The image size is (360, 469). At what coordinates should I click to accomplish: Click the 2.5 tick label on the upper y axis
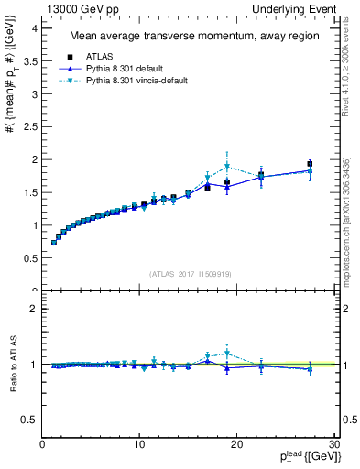pos(28,126)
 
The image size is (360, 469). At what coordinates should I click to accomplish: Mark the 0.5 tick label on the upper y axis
pos(28,258)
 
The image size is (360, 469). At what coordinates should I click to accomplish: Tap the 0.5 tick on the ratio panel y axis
pos(28,420)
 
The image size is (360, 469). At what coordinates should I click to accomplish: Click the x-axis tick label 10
pos(139,445)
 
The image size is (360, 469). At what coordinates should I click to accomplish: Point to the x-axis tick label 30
pos(334,445)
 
